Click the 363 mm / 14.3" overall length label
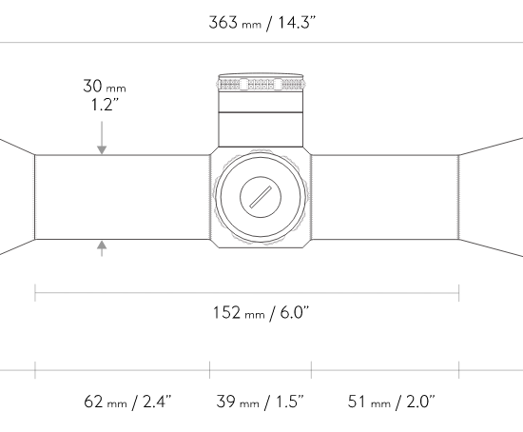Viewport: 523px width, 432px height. [x=261, y=23]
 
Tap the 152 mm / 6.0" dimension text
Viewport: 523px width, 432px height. [x=261, y=313]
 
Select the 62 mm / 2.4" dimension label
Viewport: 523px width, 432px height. [x=127, y=402]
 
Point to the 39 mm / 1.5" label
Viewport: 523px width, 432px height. [x=260, y=402]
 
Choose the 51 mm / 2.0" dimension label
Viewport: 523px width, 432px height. [x=392, y=402]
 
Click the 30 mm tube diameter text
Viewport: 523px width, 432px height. [x=105, y=87]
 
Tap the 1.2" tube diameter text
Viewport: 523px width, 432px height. [x=105, y=105]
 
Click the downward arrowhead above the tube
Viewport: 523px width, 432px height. [x=102, y=150]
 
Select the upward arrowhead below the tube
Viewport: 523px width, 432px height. [x=102, y=245]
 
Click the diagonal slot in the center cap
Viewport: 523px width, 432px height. [x=261, y=197]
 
